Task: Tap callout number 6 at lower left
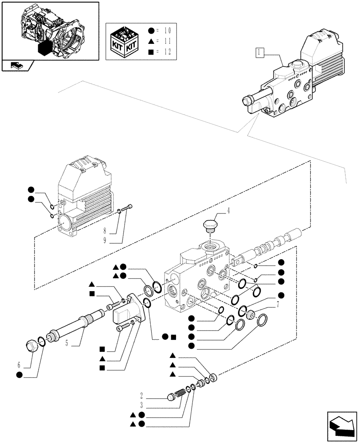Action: (x=19, y=365)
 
